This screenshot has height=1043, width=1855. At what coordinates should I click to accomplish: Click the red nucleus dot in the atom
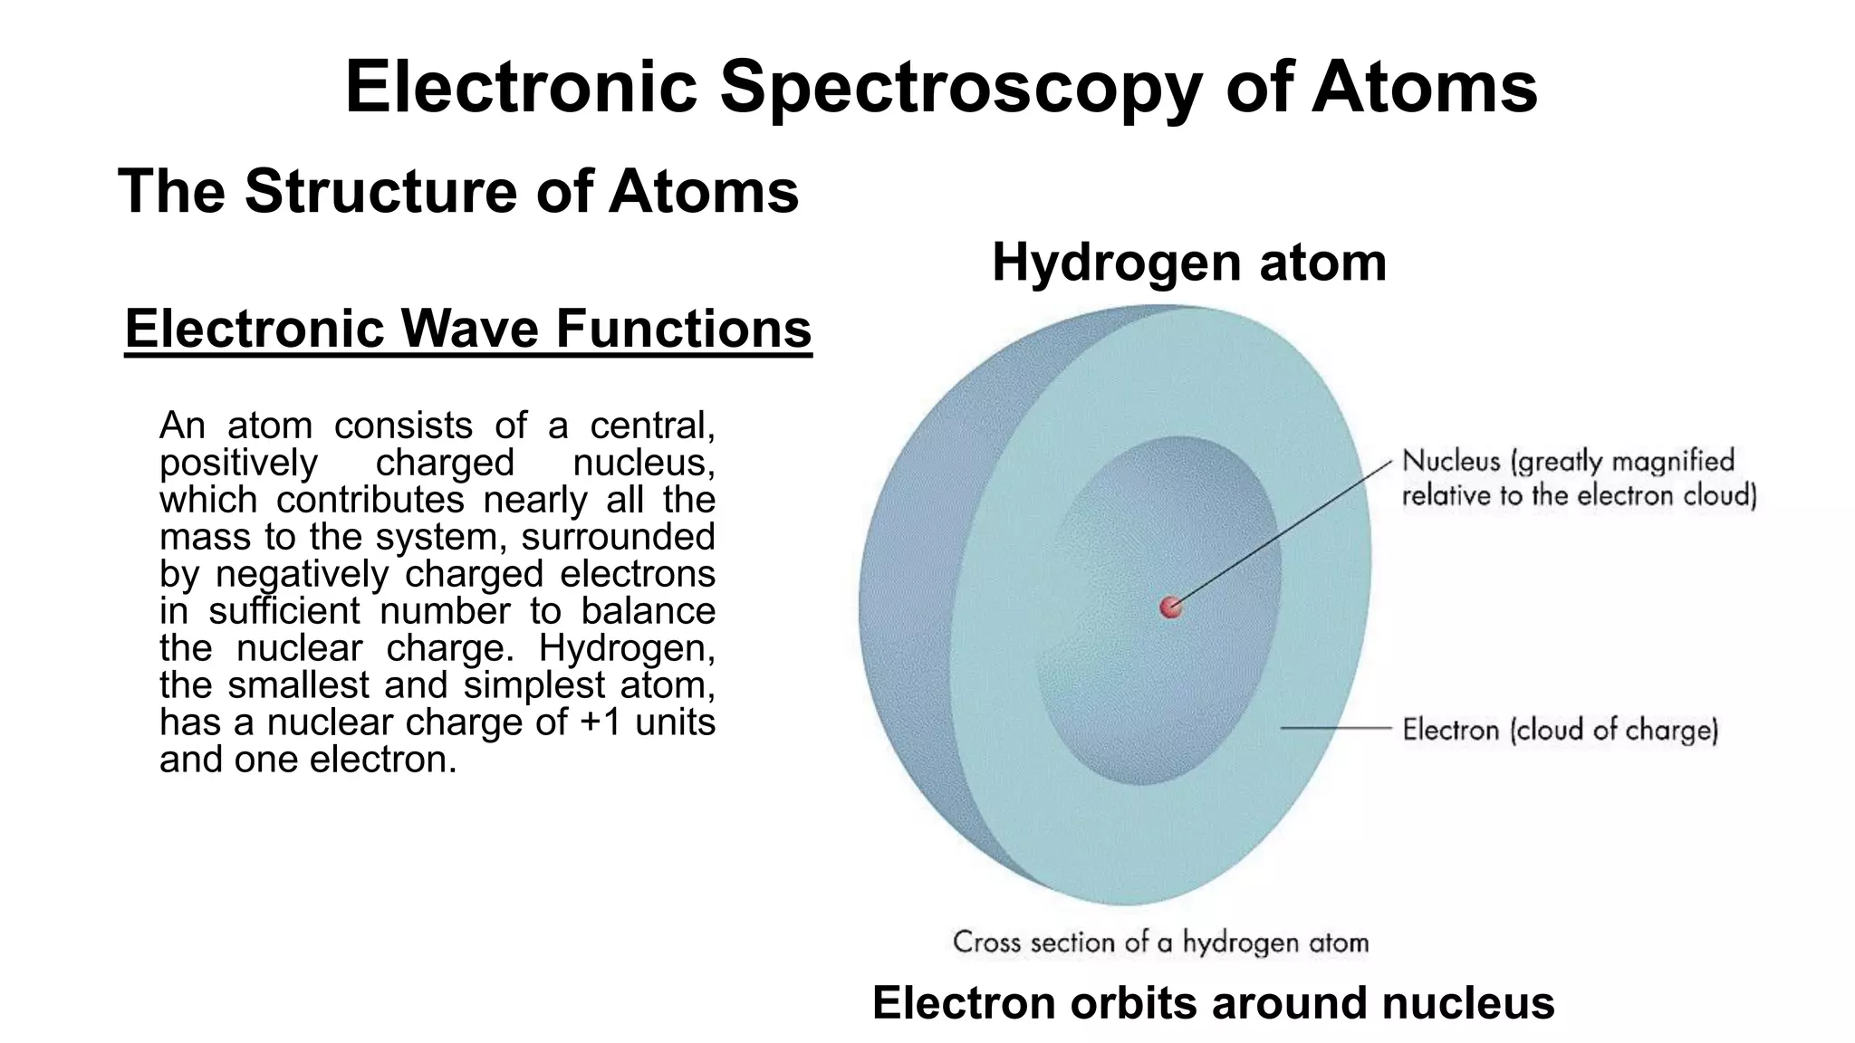coord(1171,607)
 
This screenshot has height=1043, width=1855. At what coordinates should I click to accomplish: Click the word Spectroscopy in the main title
coord(961,87)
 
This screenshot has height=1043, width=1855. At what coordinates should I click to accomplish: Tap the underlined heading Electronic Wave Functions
coord(467,329)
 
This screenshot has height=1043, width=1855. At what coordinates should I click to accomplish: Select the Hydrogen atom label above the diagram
coord(1188,263)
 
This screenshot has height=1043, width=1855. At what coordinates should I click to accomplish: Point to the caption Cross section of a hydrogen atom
coord(1160,943)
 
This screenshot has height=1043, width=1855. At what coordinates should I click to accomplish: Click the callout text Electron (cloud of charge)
coord(1560,730)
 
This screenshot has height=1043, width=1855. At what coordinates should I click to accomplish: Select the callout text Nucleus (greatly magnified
coord(1567,461)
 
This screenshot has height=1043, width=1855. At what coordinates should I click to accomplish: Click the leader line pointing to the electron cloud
coord(1336,727)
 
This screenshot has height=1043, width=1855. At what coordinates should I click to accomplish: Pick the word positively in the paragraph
coord(238,464)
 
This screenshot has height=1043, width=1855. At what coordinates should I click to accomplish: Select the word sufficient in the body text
coord(284,611)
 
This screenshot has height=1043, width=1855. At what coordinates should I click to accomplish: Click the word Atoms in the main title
coord(1424,87)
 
